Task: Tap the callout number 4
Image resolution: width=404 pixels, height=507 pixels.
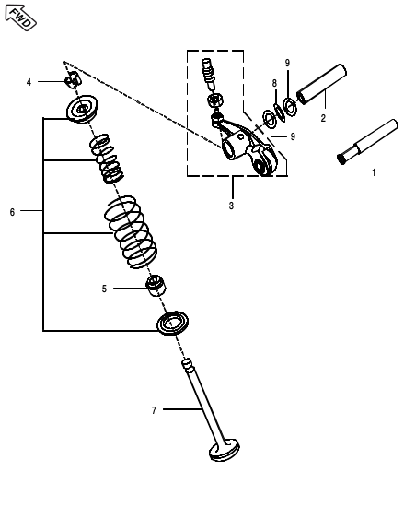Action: pyautogui.click(x=29, y=82)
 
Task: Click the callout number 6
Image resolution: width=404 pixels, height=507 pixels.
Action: pyautogui.click(x=12, y=212)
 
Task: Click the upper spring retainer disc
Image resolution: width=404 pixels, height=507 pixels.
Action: pyautogui.click(x=84, y=109)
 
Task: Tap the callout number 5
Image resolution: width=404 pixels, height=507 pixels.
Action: pyautogui.click(x=104, y=289)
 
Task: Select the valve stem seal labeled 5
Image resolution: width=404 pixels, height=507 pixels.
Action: pyautogui.click(x=156, y=287)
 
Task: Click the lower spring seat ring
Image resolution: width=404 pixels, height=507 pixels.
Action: pyautogui.click(x=172, y=323)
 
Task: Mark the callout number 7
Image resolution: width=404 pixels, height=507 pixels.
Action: pyautogui.click(x=154, y=408)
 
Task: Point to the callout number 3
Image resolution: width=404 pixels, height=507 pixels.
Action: pyautogui.click(x=231, y=206)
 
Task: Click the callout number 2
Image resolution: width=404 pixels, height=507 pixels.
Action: pyautogui.click(x=323, y=117)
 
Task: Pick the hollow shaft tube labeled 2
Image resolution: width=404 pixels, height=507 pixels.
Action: pyautogui.click(x=319, y=85)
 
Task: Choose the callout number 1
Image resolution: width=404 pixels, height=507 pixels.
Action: pyautogui.click(x=374, y=171)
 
